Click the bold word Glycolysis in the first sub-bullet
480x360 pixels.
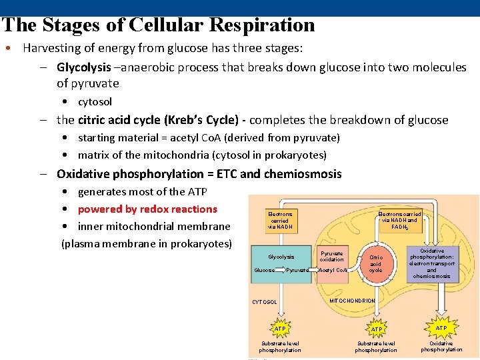(83, 67)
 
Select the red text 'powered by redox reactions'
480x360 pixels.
(147, 209)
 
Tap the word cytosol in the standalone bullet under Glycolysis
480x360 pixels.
(95, 102)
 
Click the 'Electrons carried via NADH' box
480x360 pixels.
(279, 220)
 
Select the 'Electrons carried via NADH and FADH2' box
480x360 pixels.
(399, 219)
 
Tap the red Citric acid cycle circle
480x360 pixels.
(375, 263)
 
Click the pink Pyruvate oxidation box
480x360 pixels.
(331, 257)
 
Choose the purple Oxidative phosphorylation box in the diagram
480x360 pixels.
(431, 263)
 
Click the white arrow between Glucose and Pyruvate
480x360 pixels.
(280, 270)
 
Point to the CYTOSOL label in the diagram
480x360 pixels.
(264, 302)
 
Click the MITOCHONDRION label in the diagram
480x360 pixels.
(352, 301)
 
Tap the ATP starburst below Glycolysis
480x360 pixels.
(279, 329)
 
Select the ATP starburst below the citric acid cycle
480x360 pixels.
(376, 329)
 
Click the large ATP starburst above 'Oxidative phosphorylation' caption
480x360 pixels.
(441, 328)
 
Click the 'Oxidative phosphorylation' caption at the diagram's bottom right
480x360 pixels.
(441, 346)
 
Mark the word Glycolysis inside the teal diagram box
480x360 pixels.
(281, 257)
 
